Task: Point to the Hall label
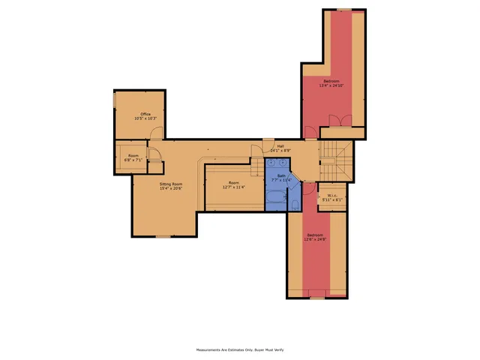pos(280,145)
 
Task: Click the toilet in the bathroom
pos(294,204)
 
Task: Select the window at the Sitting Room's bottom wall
pos(163,237)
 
